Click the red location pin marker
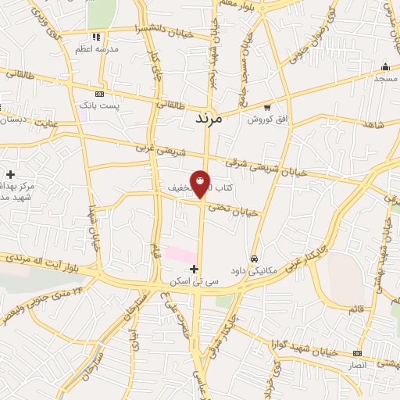pos(200,184)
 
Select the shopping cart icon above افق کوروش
pos(267,107)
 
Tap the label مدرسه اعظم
pos(96,48)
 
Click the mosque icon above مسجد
pos(384,66)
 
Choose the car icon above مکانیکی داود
pos(254,258)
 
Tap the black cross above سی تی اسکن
pos(195,269)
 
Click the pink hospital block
pos(180,255)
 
